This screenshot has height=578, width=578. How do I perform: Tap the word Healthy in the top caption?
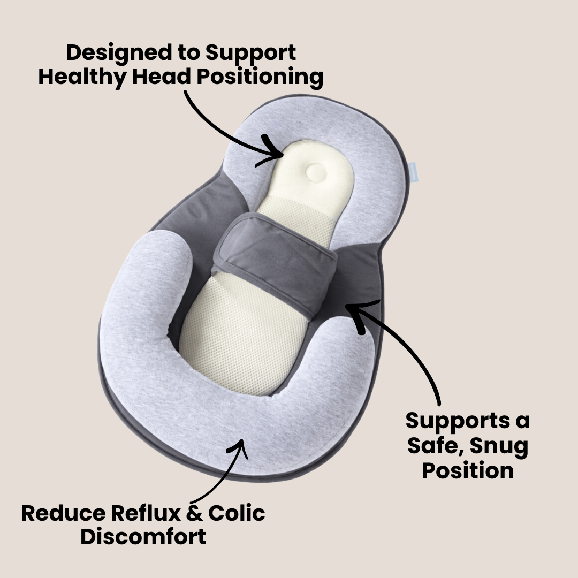coord(73,77)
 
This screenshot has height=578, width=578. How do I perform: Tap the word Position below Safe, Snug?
coord(468,470)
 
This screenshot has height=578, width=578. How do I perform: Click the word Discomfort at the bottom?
coord(143,537)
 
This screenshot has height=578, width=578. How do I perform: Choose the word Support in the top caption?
coord(250,54)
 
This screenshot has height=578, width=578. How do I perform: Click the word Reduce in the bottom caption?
coord(63,513)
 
